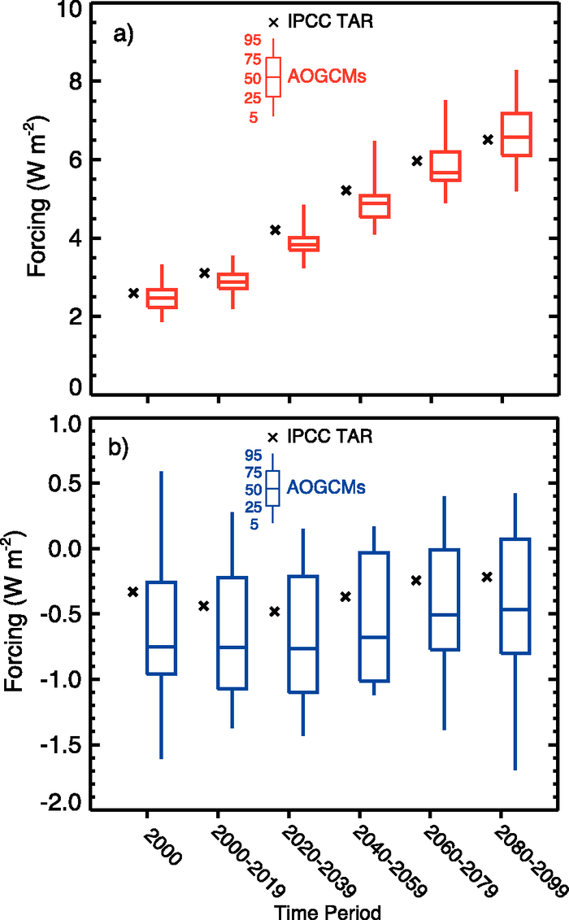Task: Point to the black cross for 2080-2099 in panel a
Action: click(488, 140)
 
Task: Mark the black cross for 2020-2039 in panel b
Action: click(275, 611)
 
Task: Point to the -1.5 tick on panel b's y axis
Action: click(57, 745)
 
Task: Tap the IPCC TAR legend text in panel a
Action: click(332, 22)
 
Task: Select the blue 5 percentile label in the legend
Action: click(254, 525)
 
